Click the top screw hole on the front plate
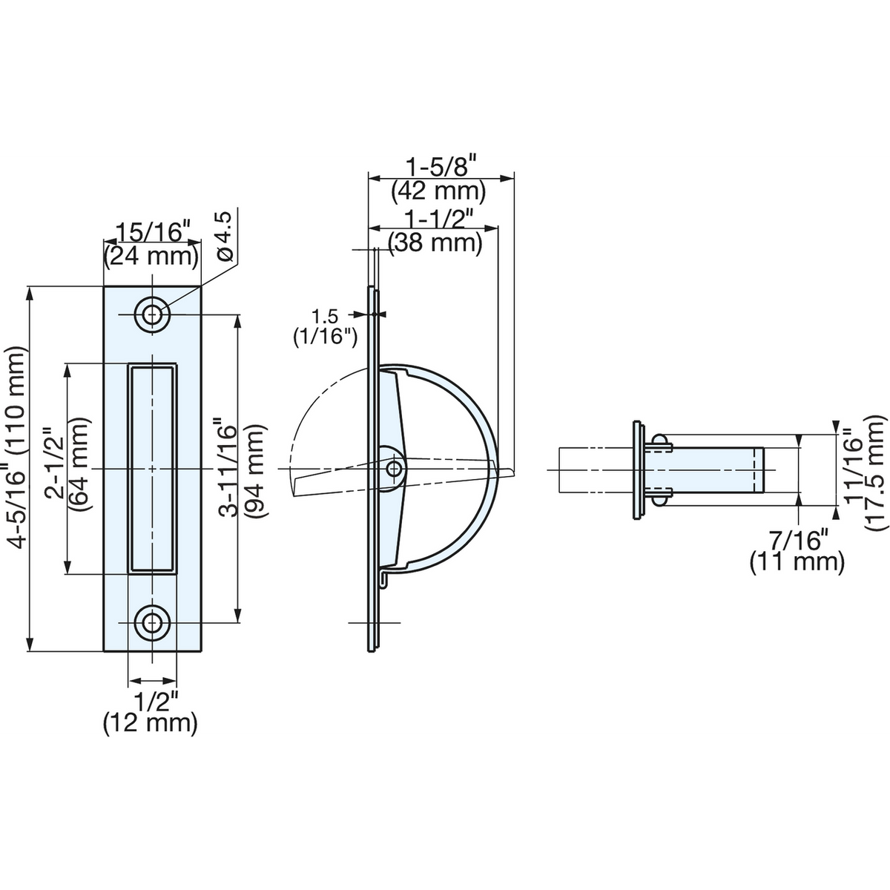click(x=152, y=315)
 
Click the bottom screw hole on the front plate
click(x=152, y=622)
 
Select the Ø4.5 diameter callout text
click(x=225, y=236)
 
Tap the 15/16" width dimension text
click(x=153, y=232)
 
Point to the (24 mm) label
click(x=151, y=257)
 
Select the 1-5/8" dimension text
click(x=441, y=166)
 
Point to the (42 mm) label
click(x=438, y=191)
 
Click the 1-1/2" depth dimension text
click(x=439, y=218)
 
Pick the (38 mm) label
click(x=435, y=243)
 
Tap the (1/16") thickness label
click(x=325, y=337)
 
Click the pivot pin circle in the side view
click(x=394, y=469)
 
